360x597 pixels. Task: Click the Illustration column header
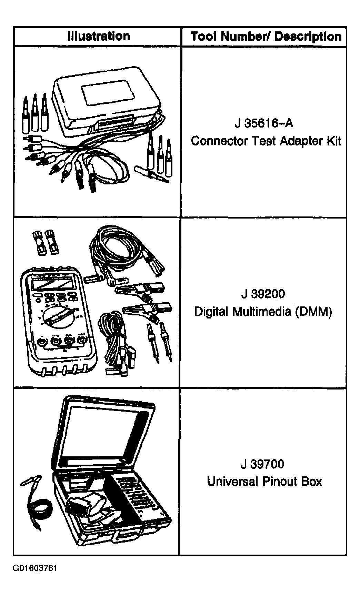[99, 36]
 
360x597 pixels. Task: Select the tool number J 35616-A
[264, 123]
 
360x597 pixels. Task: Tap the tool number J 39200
[263, 294]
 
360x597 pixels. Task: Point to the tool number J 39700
[262, 464]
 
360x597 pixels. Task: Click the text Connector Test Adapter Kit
[266, 141]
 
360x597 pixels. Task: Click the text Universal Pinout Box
[264, 481]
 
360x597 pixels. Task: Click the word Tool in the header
[203, 37]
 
